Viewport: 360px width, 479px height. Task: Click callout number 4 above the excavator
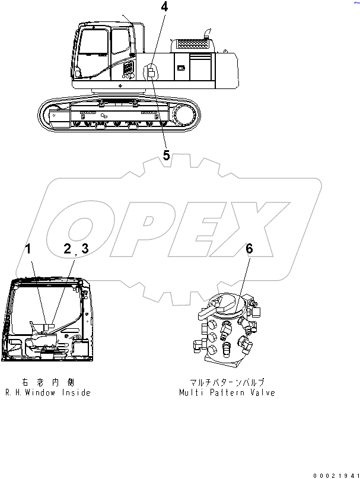(x=164, y=8)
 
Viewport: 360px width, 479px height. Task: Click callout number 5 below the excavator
(x=166, y=156)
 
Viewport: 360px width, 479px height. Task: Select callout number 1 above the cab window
(x=28, y=249)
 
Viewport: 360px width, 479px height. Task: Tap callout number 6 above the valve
(x=249, y=249)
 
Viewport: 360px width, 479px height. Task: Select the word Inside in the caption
(x=78, y=393)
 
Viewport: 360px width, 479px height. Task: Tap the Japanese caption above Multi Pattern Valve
(x=228, y=383)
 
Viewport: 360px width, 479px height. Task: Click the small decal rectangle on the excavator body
(x=151, y=72)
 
